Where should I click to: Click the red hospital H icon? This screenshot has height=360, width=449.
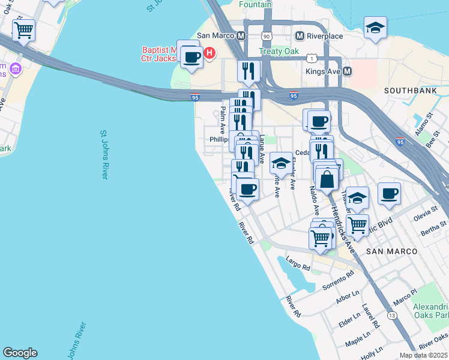(209, 53)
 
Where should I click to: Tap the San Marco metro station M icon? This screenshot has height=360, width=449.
(241, 36)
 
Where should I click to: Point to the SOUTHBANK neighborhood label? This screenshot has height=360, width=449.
(405, 91)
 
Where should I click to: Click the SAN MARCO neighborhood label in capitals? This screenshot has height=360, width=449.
(391, 250)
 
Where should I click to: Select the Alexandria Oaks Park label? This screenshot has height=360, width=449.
(431, 310)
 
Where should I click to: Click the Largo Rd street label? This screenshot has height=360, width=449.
(298, 263)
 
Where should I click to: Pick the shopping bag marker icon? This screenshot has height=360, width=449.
(327, 179)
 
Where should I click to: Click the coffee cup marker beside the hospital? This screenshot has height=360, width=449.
(191, 57)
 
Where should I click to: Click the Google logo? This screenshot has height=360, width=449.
(20, 353)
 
